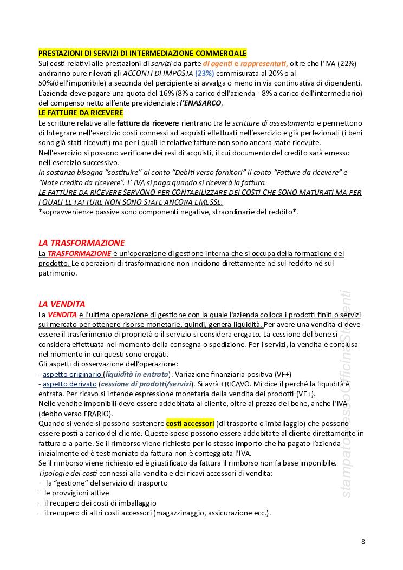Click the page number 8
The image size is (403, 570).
363,542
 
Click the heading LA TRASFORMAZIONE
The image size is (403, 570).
81,243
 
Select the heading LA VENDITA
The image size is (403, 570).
62,304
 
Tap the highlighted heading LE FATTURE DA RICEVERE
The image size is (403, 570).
81,113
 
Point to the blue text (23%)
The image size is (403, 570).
205,73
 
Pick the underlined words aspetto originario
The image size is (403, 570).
73,374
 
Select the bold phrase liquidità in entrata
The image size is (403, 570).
137,374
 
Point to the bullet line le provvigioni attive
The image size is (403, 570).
76,493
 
